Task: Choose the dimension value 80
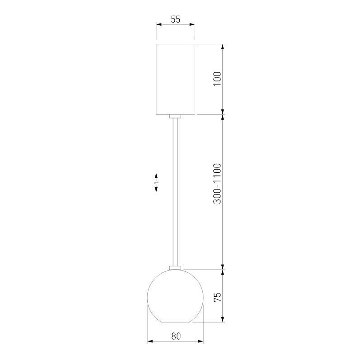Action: tap(176, 336)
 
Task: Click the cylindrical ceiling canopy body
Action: tap(175, 79)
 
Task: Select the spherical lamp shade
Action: tap(175, 297)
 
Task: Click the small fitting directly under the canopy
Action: tap(175, 117)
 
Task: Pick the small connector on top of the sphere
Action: tap(175, 267)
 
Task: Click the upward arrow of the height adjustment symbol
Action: tap(156, 175)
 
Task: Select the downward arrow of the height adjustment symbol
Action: tap(156, 189)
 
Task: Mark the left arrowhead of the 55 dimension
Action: tap(159, 25)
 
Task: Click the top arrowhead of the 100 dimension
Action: tap(223, 47)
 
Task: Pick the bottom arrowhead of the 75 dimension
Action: tap(223, 320)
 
